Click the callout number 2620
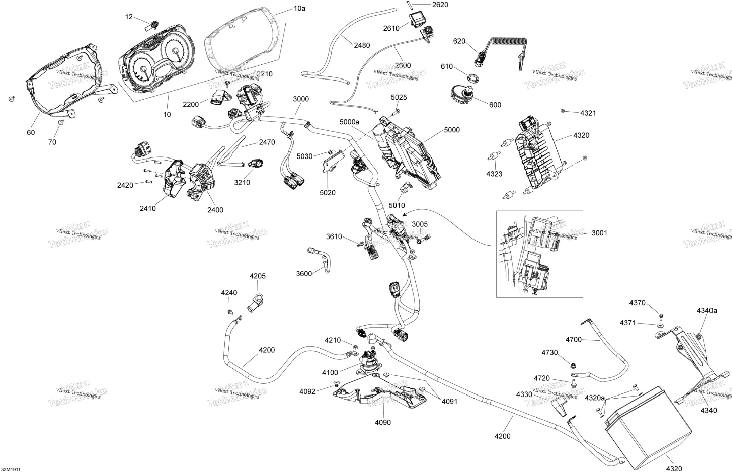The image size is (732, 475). click(440, 5)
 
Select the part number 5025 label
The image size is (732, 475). click(398, 98)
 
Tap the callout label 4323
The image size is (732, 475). click(494, 174)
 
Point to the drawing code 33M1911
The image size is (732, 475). click(11, 470)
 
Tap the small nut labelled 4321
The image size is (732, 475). click(562, 111)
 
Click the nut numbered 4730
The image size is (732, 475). click(573, 366)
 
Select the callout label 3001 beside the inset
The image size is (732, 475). click(599, 233)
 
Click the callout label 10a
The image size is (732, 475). click(299, 9)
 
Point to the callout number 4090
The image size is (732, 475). click(382, 423)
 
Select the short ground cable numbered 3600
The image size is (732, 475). click(322, 260)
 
